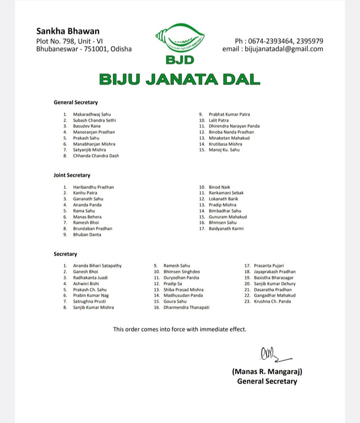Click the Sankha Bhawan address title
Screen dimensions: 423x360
(67, 31)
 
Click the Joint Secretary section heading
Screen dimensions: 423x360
(72, 175)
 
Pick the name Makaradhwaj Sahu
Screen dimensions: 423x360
(92, 114)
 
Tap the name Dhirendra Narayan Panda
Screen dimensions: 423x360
(234, 126)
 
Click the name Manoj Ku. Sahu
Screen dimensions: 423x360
(224, 150)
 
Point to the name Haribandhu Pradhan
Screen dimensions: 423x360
(94, 187)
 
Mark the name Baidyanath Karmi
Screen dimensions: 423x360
(226, 228)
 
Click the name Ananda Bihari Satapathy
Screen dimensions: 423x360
(97, 266)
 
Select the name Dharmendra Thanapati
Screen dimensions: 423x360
(186, 307)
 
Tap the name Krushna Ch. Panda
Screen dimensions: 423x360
(272, 301)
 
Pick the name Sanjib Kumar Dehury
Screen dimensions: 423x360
(274, 284)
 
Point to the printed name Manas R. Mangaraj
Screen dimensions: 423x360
(267, 372)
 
